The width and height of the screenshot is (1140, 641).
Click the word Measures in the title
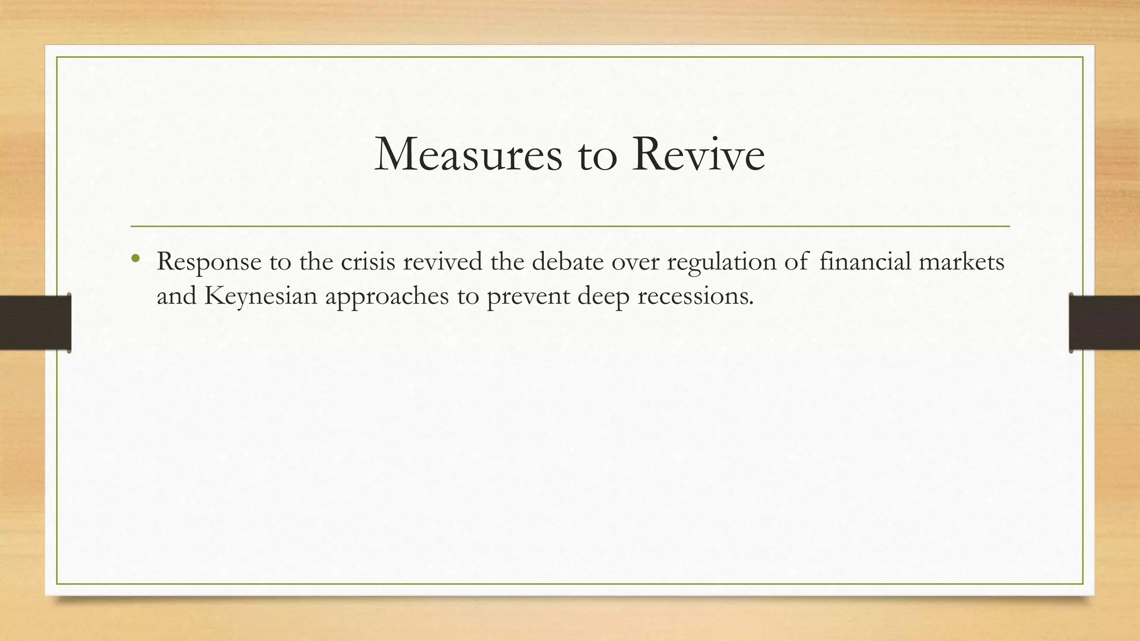point(468,155)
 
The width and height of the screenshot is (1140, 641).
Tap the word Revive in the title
point(698,155)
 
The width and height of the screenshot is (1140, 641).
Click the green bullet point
point(135,258)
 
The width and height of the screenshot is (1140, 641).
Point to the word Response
point(209,262)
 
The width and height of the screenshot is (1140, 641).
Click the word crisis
point(368,262)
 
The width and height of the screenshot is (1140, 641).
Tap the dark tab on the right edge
point(1104,323)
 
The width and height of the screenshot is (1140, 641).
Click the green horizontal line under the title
point(570,226)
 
